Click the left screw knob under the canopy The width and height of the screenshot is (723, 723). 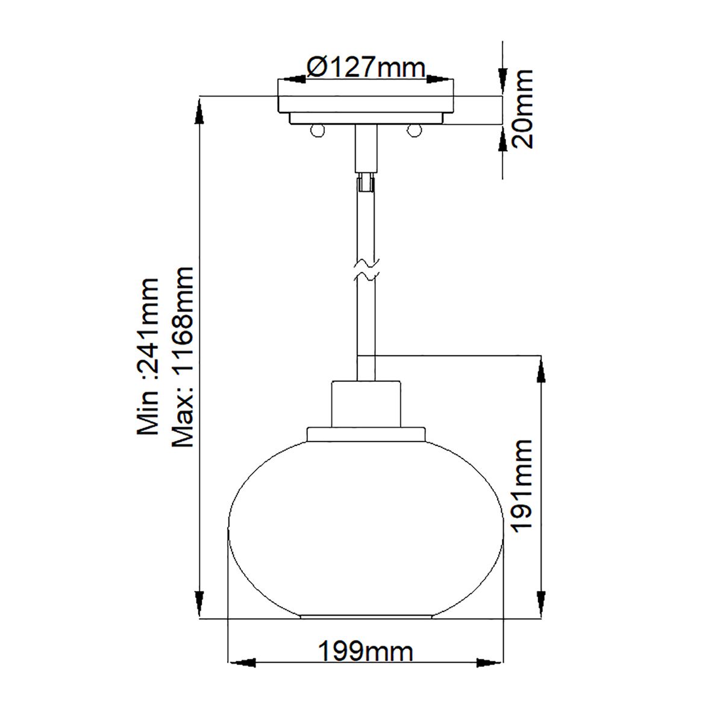(317, 130)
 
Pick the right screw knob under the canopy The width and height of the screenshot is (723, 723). (413, 130)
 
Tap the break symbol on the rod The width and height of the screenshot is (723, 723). (366, 270)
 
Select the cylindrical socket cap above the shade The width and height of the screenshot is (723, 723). (366, 404)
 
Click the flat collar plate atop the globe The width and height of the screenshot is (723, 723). (366, 434)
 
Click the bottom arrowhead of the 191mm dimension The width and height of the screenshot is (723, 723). (542, 606)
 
